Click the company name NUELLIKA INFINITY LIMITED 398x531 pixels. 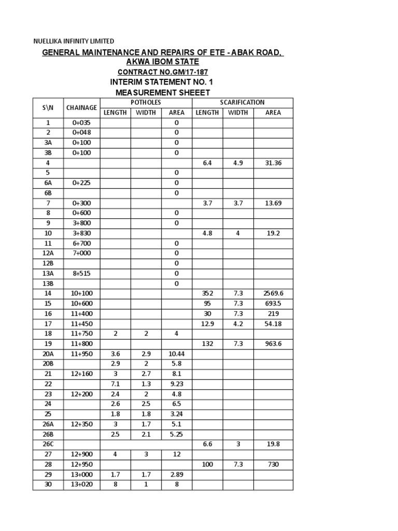[74, 41]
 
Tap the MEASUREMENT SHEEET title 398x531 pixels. [163, 92]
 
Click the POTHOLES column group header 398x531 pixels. [146, 103]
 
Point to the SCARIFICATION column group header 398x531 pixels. [242, 103]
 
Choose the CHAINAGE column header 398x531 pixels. [81, 108]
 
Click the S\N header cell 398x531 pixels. [48, 108]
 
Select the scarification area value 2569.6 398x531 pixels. [273, 294]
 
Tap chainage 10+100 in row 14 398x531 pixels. [81, 294]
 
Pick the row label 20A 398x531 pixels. [48, 354]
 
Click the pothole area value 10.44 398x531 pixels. [176, 354]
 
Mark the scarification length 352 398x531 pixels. [207, 294]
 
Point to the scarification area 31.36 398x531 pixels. [273, 163]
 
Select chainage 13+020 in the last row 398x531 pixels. [81, 484]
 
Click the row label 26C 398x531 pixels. [48, 444]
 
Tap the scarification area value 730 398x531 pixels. [273, 465]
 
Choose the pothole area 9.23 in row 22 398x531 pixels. [176, 384]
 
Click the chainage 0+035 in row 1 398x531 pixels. [81, 123]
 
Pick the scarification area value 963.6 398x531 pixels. [273, 344]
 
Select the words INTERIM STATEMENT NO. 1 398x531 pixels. [161, 82]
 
